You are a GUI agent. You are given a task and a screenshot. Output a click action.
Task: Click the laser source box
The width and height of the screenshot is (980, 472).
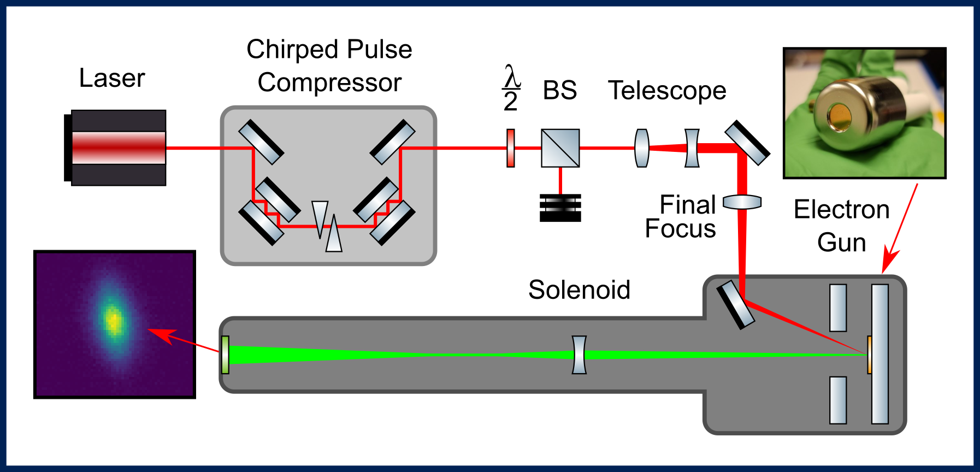pos(115,147)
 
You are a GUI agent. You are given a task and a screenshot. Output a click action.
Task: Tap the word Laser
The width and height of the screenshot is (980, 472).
pos(112,78)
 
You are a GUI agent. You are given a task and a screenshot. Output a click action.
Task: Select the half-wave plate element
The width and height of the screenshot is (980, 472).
pos(511,148)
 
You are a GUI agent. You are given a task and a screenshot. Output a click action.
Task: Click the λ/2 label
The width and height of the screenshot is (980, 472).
pos(511,88)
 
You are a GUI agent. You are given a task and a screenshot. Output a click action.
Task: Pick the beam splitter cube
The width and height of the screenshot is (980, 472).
pos(560,148)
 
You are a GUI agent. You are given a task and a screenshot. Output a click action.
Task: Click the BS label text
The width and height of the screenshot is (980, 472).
pos(560,90)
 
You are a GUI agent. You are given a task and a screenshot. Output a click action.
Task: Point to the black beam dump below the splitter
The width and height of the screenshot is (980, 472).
pos(560,208)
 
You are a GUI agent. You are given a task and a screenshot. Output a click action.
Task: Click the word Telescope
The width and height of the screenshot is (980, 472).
pos(667,91)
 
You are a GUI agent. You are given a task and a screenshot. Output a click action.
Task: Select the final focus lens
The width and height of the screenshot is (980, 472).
pos(742,203)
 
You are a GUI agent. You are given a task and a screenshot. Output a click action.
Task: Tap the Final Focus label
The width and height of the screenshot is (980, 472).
pos(681,217)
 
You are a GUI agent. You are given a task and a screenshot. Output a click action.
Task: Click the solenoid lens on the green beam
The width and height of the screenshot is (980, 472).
pos(579,355)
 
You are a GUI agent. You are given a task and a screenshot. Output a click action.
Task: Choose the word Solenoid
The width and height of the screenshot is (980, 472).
pos(579,290)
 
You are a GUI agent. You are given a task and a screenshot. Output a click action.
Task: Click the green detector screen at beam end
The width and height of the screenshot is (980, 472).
pos(225,355)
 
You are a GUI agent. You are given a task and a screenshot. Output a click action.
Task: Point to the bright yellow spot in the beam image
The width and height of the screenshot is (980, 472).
pos(114,321)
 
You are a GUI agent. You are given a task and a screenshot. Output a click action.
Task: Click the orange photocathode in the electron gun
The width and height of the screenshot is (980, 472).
pos(870,355)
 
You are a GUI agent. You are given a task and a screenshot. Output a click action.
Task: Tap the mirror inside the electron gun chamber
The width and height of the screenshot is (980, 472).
pos(735,305)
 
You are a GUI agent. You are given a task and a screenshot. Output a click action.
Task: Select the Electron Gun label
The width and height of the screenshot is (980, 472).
pos(842,226)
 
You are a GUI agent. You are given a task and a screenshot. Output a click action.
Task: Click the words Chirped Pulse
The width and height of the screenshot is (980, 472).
pos(329,50)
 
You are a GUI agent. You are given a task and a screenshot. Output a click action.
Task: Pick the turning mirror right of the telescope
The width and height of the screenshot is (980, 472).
pos(747,143)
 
